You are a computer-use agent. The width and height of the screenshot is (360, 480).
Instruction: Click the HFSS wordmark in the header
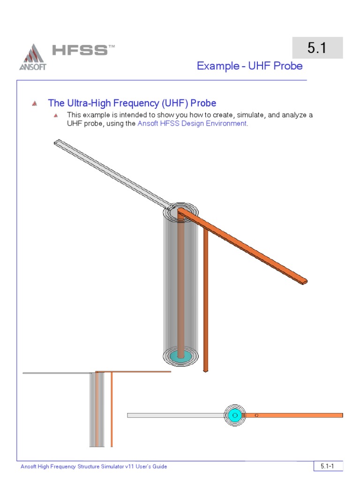(x=80, y=50)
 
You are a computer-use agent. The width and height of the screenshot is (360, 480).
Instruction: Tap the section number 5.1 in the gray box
(x=317, y=48)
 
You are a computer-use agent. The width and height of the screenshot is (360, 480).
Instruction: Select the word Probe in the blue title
(x=288, y=66)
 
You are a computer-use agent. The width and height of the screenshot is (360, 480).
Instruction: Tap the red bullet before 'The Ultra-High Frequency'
(x=34, y=104)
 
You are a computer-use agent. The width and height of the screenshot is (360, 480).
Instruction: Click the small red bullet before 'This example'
(x=56, y=115)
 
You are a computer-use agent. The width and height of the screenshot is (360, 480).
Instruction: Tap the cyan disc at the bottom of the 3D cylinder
(x=180, y=356)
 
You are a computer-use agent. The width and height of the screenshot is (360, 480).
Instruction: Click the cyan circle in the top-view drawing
(x=235, y=415)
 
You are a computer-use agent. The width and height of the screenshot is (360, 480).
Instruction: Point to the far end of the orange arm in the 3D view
(x=304, y=281)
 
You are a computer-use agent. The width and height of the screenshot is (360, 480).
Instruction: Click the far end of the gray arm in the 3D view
(x=58, y=142)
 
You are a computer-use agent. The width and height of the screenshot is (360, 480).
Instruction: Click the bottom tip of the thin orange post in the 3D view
(x=205, y=370)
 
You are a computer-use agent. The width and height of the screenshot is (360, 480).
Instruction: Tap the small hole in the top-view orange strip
(x=256, y=415)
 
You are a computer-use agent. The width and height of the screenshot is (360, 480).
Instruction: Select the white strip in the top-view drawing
(x=176, y=415)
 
